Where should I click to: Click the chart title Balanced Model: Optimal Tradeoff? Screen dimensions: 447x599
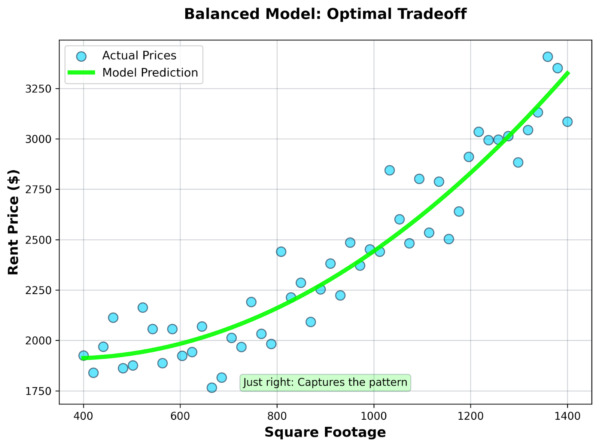[x=325, y=14]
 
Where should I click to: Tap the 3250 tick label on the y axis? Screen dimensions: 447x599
[x=38, y=89]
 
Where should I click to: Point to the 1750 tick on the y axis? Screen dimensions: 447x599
[x=38, y=391]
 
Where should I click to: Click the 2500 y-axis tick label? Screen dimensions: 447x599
[x=38, y=240]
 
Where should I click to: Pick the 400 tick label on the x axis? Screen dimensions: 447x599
[x=83, y=416]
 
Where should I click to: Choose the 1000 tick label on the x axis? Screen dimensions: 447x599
[x=374, y=416]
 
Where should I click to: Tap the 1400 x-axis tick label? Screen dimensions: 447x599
[x=567, y=416]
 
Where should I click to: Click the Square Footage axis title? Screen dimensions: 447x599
[x=325, y=432]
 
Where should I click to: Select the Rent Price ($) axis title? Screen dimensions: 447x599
[x=13, y=222]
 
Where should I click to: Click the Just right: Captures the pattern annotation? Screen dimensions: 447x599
[x=325, y=382]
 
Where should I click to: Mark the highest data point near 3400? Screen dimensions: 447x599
[x=548, y=57]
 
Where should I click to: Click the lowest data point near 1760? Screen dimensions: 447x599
[x=212, y=388]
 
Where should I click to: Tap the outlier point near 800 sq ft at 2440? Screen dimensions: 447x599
[x=281, y=252]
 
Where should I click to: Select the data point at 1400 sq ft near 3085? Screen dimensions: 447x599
[x=567, y=122]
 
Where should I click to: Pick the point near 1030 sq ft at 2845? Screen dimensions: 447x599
[x=389, y=170]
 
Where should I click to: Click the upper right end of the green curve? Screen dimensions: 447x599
[x=568, y=73]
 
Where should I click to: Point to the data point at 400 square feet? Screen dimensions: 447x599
[x=83, y=355]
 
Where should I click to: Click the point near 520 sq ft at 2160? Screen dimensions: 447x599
[x=143, y=307]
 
